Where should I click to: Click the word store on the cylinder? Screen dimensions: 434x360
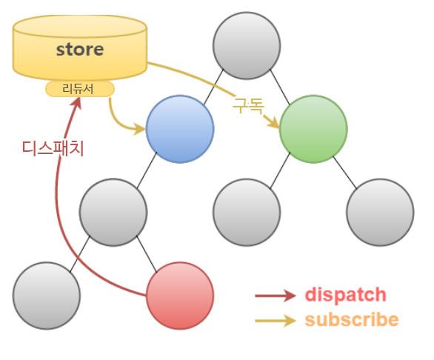click(x=80, y=50)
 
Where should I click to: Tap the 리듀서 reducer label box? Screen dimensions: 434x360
click(x=80, y=89)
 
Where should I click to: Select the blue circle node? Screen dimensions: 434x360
click(x=180, y=129)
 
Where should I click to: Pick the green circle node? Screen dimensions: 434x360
click(x=313, y=129)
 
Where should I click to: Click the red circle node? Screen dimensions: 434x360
click(x=180, y=296)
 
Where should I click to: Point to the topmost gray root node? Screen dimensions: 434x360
click(x=247, y=46)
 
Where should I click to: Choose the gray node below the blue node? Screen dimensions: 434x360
click(x=113, y=213)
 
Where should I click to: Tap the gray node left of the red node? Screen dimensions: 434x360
click(x=47, y=296)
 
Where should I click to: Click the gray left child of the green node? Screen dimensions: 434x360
click(x=247, y=213)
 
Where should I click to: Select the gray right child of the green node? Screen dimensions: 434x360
click(x=380, y=213)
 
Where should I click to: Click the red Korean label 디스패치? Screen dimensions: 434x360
click(x=53, y=148)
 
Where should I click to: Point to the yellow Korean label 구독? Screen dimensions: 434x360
click(x=248, y=105)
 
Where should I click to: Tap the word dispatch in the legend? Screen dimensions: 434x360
click(x=345, y=294)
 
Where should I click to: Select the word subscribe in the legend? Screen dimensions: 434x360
click(x=352, y=319)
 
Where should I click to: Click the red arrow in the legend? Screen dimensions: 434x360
click(x=275, y=296)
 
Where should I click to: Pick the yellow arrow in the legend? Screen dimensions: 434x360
click(x=275, y=321)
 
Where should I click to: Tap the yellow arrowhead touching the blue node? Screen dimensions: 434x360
click(x=139, y=129)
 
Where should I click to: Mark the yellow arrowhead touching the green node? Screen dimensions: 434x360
click(x=273, y=121)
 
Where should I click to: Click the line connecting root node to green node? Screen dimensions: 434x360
click(x=280, y=87)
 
